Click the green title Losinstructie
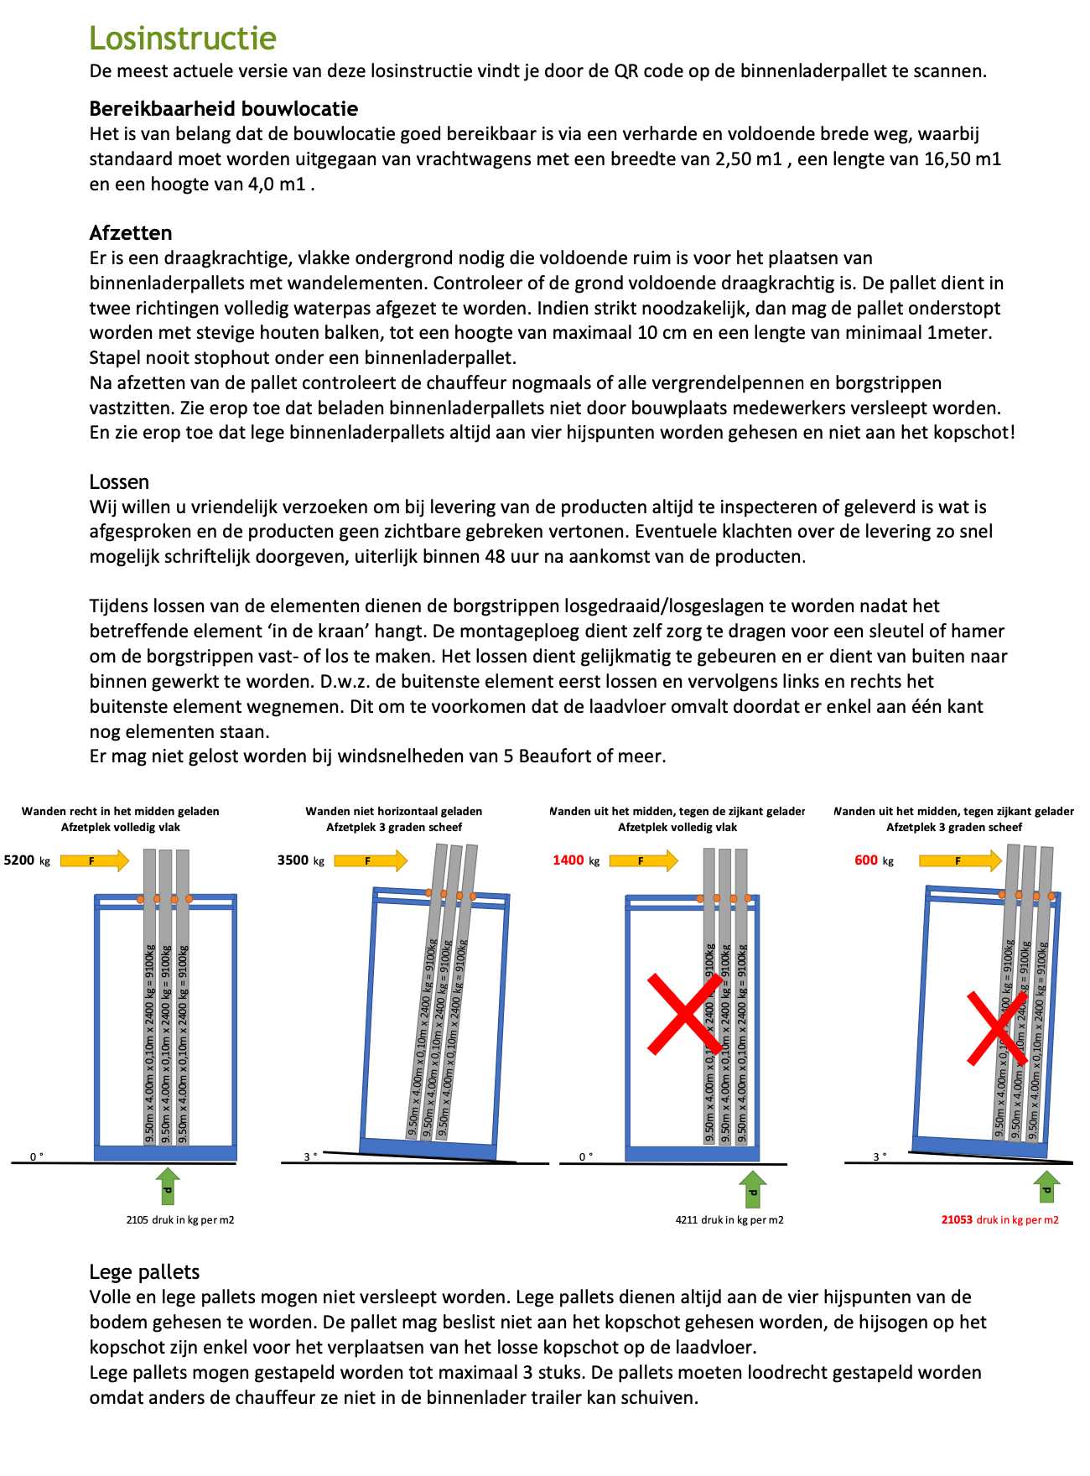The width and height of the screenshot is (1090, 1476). [x=183, y=39]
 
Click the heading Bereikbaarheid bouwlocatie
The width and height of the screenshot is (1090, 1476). [x=223, y=109]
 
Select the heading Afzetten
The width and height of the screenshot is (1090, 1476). [x=131, y=233]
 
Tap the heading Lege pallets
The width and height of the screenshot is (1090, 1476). [x=144, y=1272]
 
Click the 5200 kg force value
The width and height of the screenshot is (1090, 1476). [x=26, y=860]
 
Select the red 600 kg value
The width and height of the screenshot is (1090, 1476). [x=872, y=860]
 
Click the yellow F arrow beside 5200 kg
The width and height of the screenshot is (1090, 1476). [x=95, y=860]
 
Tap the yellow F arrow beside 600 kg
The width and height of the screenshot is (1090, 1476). [x=960, y=860]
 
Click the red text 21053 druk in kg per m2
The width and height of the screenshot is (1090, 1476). [x=999, y=1220]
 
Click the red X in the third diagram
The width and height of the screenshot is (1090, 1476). [x=685, y=1013]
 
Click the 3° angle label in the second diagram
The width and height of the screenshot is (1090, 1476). [x=310, y=1156]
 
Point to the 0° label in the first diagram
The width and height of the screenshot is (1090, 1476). [x=36, y=1156]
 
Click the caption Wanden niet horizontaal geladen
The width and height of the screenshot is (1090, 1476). [x=393, y=811]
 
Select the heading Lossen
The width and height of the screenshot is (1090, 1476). [x=119, y=482]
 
